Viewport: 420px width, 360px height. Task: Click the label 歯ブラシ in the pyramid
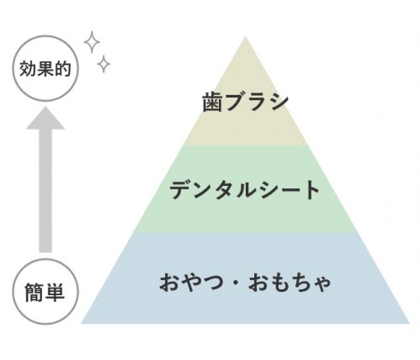[245, 102]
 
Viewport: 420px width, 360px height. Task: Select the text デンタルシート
[244, 190]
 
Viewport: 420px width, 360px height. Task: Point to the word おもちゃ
[290, 283]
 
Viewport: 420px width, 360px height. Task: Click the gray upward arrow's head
[45, 118]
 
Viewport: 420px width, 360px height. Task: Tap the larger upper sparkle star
[92, 42]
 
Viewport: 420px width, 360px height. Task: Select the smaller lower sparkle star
[104, 64]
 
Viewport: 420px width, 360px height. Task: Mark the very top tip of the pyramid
[245, 36]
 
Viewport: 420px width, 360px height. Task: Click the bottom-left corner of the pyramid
[82, 324]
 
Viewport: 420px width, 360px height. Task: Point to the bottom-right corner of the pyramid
[409, 324]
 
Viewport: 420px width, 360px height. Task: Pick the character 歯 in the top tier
[213, 102]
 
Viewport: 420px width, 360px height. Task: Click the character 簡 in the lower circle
[34, 293]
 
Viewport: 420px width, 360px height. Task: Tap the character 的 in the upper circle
[63, 68]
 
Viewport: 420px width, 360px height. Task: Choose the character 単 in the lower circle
[55, 293]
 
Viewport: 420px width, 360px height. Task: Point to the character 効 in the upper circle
[28, 68]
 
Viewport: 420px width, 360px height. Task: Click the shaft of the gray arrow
[45, 191]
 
